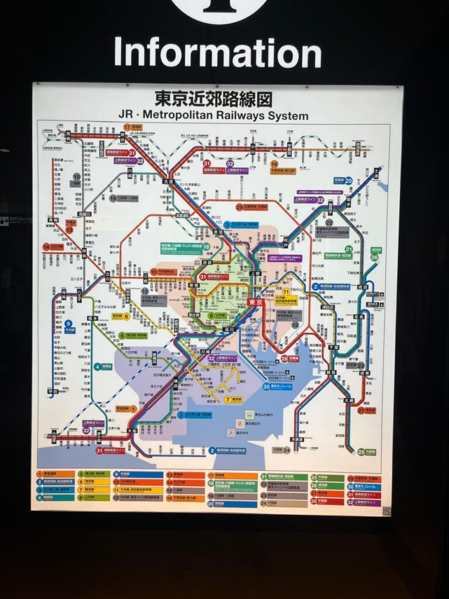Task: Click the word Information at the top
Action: [x=217, y=53]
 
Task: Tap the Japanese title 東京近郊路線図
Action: [x=213, y=98]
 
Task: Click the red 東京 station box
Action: [x=255, y=302]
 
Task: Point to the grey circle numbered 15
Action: [x=77, y=176]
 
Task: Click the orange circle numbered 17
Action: [x=127, y=127]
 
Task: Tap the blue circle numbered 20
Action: [x=348, y=180]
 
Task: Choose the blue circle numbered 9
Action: [x=68, y=323]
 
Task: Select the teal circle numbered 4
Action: [x=97, y=367]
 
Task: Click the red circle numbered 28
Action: [x=284, y=359]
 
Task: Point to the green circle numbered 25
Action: [x=361, y=452]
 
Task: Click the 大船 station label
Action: [x=132, y=431]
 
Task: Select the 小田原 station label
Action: [x=53, y=436]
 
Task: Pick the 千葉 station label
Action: [x=334, y=347]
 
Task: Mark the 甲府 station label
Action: [x=53, y=391]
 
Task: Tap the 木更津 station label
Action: [x=296, y=439]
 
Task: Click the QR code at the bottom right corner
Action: [x=386, y=511]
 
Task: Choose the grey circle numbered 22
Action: [x=329, y=223]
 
